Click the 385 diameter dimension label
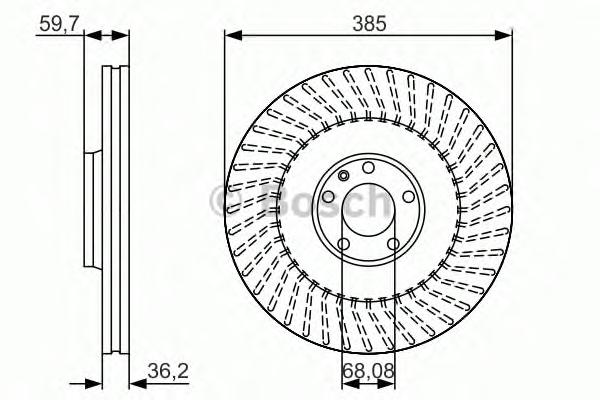click(x=369, y=24)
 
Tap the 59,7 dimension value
click(x=59, y=24)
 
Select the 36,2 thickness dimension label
click(x=168, y=371)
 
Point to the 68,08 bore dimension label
click(x=368, y=371)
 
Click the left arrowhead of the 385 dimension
click(x=233, y=36)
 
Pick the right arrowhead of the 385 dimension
click(x=503, y=36)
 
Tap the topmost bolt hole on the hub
click(x=368, y=167)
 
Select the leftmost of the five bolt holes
click(x=328, y=197)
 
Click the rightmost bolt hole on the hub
click(x=409, y=197)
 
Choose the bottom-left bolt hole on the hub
click(x=344, y=243)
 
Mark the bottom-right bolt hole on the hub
click(x=393, y=243)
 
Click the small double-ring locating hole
click(x=344, y=176)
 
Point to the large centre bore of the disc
click(x=368, y=210)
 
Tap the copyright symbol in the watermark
click(x=223, y=202)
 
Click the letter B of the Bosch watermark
click(x=277, y=201)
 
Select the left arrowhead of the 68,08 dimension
click(x=349, y=385)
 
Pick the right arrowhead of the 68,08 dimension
click(x=387, y=385)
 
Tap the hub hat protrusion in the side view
click(x=93, y=210)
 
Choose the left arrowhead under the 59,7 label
click(x=93, y=36)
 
